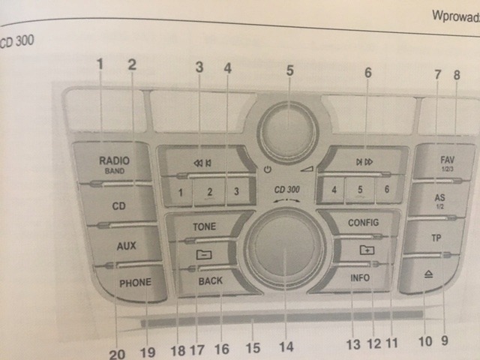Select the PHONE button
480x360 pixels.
click(x=135, y=283)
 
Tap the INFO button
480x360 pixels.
click(x=359, y=277)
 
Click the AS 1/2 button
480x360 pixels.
click(x=440, y=200)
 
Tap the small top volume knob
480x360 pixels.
click(x=289, y=130)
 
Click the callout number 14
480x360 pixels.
click(x=285, y=347)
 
